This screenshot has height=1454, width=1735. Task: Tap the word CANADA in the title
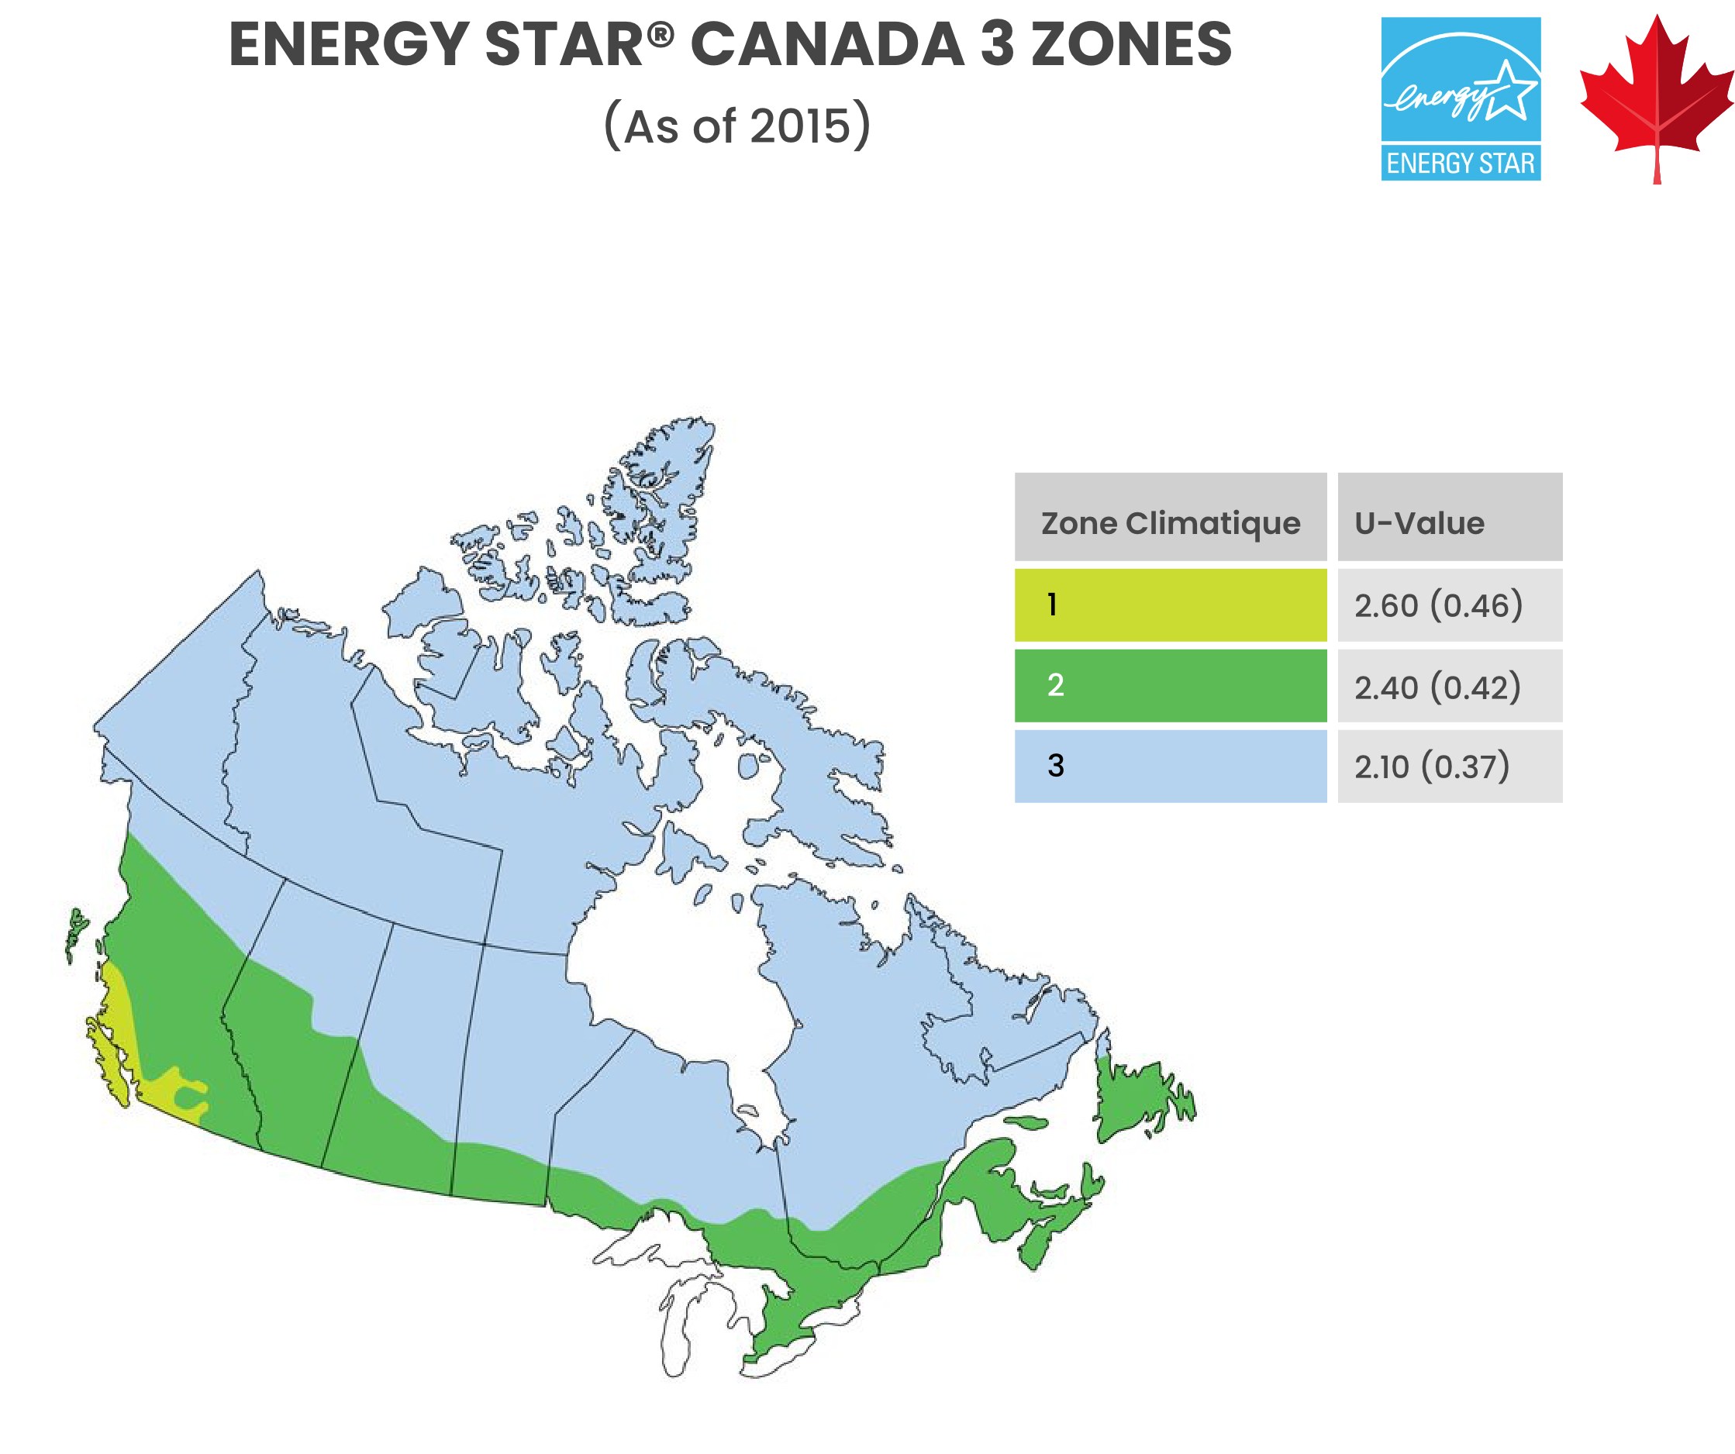click(x=826, y=45)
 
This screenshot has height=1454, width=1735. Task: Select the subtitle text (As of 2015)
click(x=737, y=126)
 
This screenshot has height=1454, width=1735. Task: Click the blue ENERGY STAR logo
click(x=1460, y=99)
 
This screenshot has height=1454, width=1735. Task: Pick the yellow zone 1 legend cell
click(x=1170, y=604)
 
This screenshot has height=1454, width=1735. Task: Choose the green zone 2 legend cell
click(x=1170, y=685)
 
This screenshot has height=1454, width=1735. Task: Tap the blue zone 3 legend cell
click(x=1170, y=765)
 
